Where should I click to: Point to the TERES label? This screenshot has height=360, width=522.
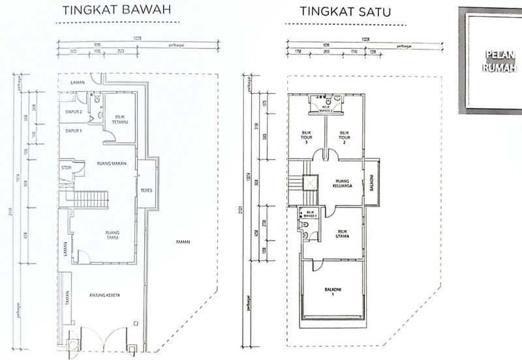coord(146,191)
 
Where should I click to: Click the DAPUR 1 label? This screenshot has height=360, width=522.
coord(73,131)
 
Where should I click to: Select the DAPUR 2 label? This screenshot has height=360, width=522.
coord(73,112)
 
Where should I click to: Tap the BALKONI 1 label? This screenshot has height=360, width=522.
coord(333,290)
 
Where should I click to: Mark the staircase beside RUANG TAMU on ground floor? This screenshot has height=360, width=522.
coord(90,199)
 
